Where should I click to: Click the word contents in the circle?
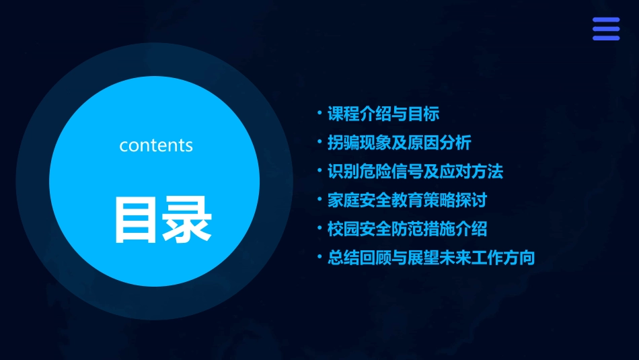pos(156,145)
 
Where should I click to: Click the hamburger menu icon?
pos(606,29)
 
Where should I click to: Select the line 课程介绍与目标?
pos(383,114)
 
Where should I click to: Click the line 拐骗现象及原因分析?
pos(399,143)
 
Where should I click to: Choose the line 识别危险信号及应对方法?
pos(415,172)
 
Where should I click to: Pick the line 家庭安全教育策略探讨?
pos(407,201)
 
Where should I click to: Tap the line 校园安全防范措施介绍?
pos(407,229)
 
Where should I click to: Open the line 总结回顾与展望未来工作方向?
pos(430,258)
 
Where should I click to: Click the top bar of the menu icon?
pos(606,20)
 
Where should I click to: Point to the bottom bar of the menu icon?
pos(606,38)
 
